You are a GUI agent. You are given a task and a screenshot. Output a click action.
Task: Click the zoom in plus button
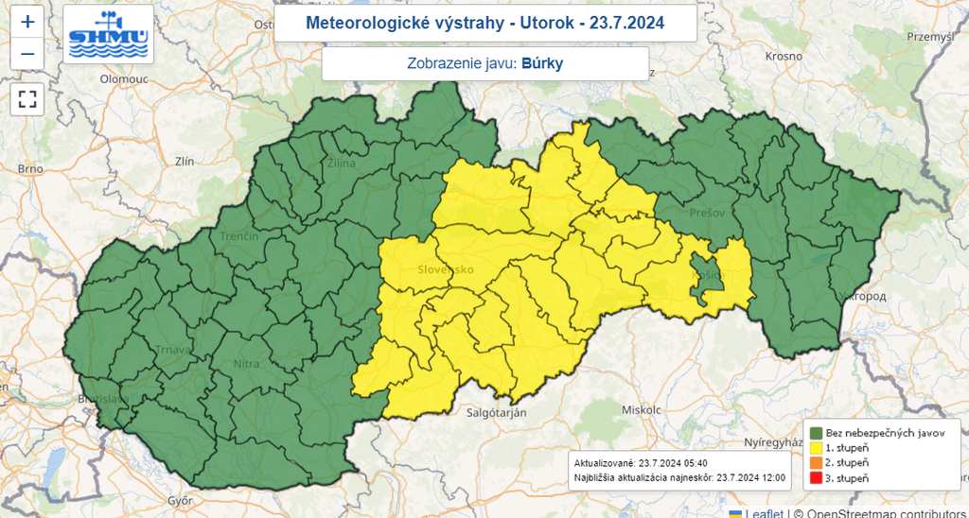pos(27,22)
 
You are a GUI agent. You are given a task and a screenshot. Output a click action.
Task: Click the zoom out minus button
pos(27,54)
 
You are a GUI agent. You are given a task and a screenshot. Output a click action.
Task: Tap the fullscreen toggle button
pos(27,98)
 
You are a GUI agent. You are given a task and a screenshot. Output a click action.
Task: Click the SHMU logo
pos(108,34)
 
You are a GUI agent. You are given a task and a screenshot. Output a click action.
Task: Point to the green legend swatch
pos(815,432)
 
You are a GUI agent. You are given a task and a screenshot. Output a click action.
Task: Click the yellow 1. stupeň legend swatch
pos(815,447)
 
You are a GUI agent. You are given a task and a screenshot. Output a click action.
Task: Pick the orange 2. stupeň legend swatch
pos(815,463)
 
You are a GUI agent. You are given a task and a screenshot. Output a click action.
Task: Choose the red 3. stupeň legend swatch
pos(815,479)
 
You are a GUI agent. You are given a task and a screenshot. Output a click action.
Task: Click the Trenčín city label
pos(239,236)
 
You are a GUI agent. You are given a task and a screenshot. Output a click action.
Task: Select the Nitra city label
pos(247,362)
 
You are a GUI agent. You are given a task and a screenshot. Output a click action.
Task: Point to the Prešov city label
pos(707,213)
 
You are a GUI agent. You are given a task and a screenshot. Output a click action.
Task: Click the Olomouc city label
pos(126,80)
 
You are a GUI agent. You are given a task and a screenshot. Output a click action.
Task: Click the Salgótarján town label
pos(497,413)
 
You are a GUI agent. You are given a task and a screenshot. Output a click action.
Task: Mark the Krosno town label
pos(784,57)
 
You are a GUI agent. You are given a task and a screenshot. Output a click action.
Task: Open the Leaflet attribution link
pos(764,512)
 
